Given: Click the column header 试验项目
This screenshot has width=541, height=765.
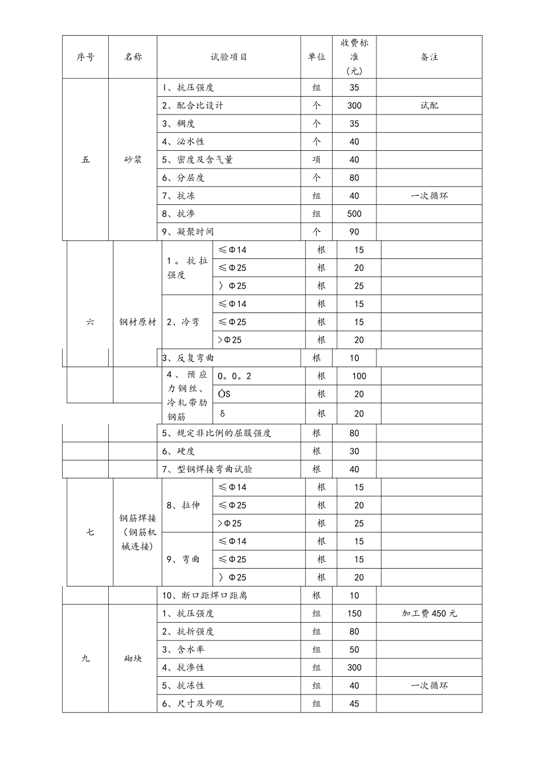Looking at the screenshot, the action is [x=228, y=57].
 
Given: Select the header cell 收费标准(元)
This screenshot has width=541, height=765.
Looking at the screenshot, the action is [x=354, y=57].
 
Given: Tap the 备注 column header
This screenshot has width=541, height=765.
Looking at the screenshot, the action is [x=429, y=57].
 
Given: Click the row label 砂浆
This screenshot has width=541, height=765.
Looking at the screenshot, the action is [x=133, y=160].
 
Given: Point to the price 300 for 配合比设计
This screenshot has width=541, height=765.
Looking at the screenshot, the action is [x=354, y=106].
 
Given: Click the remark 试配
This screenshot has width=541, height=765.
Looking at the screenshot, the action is [x=429, y=106].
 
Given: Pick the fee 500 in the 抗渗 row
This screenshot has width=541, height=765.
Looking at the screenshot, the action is [x=354, y=214].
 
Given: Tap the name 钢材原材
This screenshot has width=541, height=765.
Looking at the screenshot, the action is [x=137, y=322].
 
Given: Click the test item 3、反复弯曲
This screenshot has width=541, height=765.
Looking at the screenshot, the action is [x=188, y=358].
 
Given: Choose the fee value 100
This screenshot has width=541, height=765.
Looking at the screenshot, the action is [x=359, y=376].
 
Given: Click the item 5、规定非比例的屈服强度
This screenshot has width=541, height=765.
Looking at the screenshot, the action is [x=216, y=433].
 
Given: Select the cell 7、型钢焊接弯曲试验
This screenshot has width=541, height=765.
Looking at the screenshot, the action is [x=207, y=470].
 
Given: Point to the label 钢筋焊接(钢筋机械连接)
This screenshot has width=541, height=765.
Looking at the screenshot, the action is [x=137, y=532].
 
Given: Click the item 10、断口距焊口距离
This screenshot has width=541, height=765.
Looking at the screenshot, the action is [x=204, y=595].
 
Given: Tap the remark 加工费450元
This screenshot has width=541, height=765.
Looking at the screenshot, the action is [x=429, y=614].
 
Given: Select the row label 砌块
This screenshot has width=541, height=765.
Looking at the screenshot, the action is [x=133, y=659].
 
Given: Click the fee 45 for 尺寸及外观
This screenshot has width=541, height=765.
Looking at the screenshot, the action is [x=354, y=704].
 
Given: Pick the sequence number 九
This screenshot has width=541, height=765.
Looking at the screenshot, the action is [x=85, y=659].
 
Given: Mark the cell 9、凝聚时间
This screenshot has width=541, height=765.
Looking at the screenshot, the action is [x=188, y=232].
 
